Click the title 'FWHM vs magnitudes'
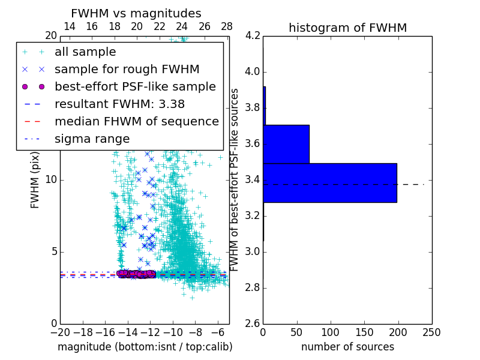(x=136, y=13)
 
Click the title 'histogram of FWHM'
(x=347, y=28)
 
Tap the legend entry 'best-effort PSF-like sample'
(x=135, y=86)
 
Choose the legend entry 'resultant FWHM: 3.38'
(x=119, y=104)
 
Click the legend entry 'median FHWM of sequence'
(x=136, y=121)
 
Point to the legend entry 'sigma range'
(x=92, y=139)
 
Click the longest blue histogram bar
(x=329, y=182)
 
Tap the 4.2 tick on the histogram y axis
(x=253, y=36)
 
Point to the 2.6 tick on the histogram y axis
(x=253, y=323)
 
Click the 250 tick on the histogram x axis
(x=431, y=332)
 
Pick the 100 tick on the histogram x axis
(x=331, y=332)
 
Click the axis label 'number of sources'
(x=347, y=347)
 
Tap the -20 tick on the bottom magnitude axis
(x=60, y=332)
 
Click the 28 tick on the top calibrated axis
(x=227, y=26)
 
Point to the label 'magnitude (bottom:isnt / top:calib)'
(x=145, y=347)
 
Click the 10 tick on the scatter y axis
(x=50, y=180)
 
